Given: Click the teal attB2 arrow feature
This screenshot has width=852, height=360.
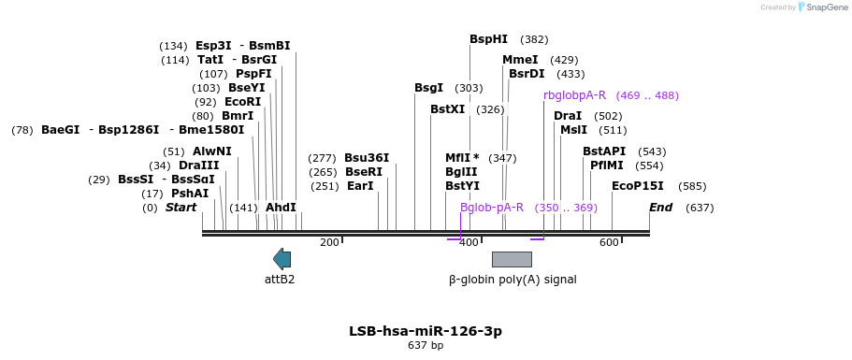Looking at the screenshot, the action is point(282,259).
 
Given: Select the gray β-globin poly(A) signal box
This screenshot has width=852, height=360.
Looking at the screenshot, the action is point(512,260).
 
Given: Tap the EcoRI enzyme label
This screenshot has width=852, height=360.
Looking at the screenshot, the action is point(242,102).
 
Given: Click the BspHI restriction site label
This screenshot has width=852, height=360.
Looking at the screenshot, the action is point(488,39).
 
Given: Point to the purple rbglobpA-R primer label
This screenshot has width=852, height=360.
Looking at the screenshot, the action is point(574,95).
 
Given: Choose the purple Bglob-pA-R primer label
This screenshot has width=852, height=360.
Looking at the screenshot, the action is point(492,208).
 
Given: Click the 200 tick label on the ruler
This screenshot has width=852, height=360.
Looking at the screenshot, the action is point(330,243).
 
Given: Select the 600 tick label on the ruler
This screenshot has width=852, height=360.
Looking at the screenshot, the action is point(610,243).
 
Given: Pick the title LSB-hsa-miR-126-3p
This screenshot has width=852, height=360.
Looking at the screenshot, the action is point(426,331).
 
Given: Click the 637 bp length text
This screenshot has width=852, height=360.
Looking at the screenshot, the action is point(426,345).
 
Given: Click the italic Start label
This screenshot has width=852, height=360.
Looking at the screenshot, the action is point(181,208).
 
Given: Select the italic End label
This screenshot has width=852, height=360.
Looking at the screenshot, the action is point(660,208).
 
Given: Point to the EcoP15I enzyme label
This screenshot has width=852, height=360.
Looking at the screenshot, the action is point(638,186).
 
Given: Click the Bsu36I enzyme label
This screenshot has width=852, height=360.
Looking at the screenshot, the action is point(367,158).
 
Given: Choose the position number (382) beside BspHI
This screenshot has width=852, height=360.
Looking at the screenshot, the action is point(534,39).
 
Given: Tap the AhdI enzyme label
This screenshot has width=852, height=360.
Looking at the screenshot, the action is point(281,208).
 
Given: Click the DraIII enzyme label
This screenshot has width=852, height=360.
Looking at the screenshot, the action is point(199,166).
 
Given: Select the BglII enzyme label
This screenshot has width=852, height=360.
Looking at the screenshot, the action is point(461,172).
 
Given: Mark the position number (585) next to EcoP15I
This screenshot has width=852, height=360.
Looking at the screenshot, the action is point(692,186).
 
